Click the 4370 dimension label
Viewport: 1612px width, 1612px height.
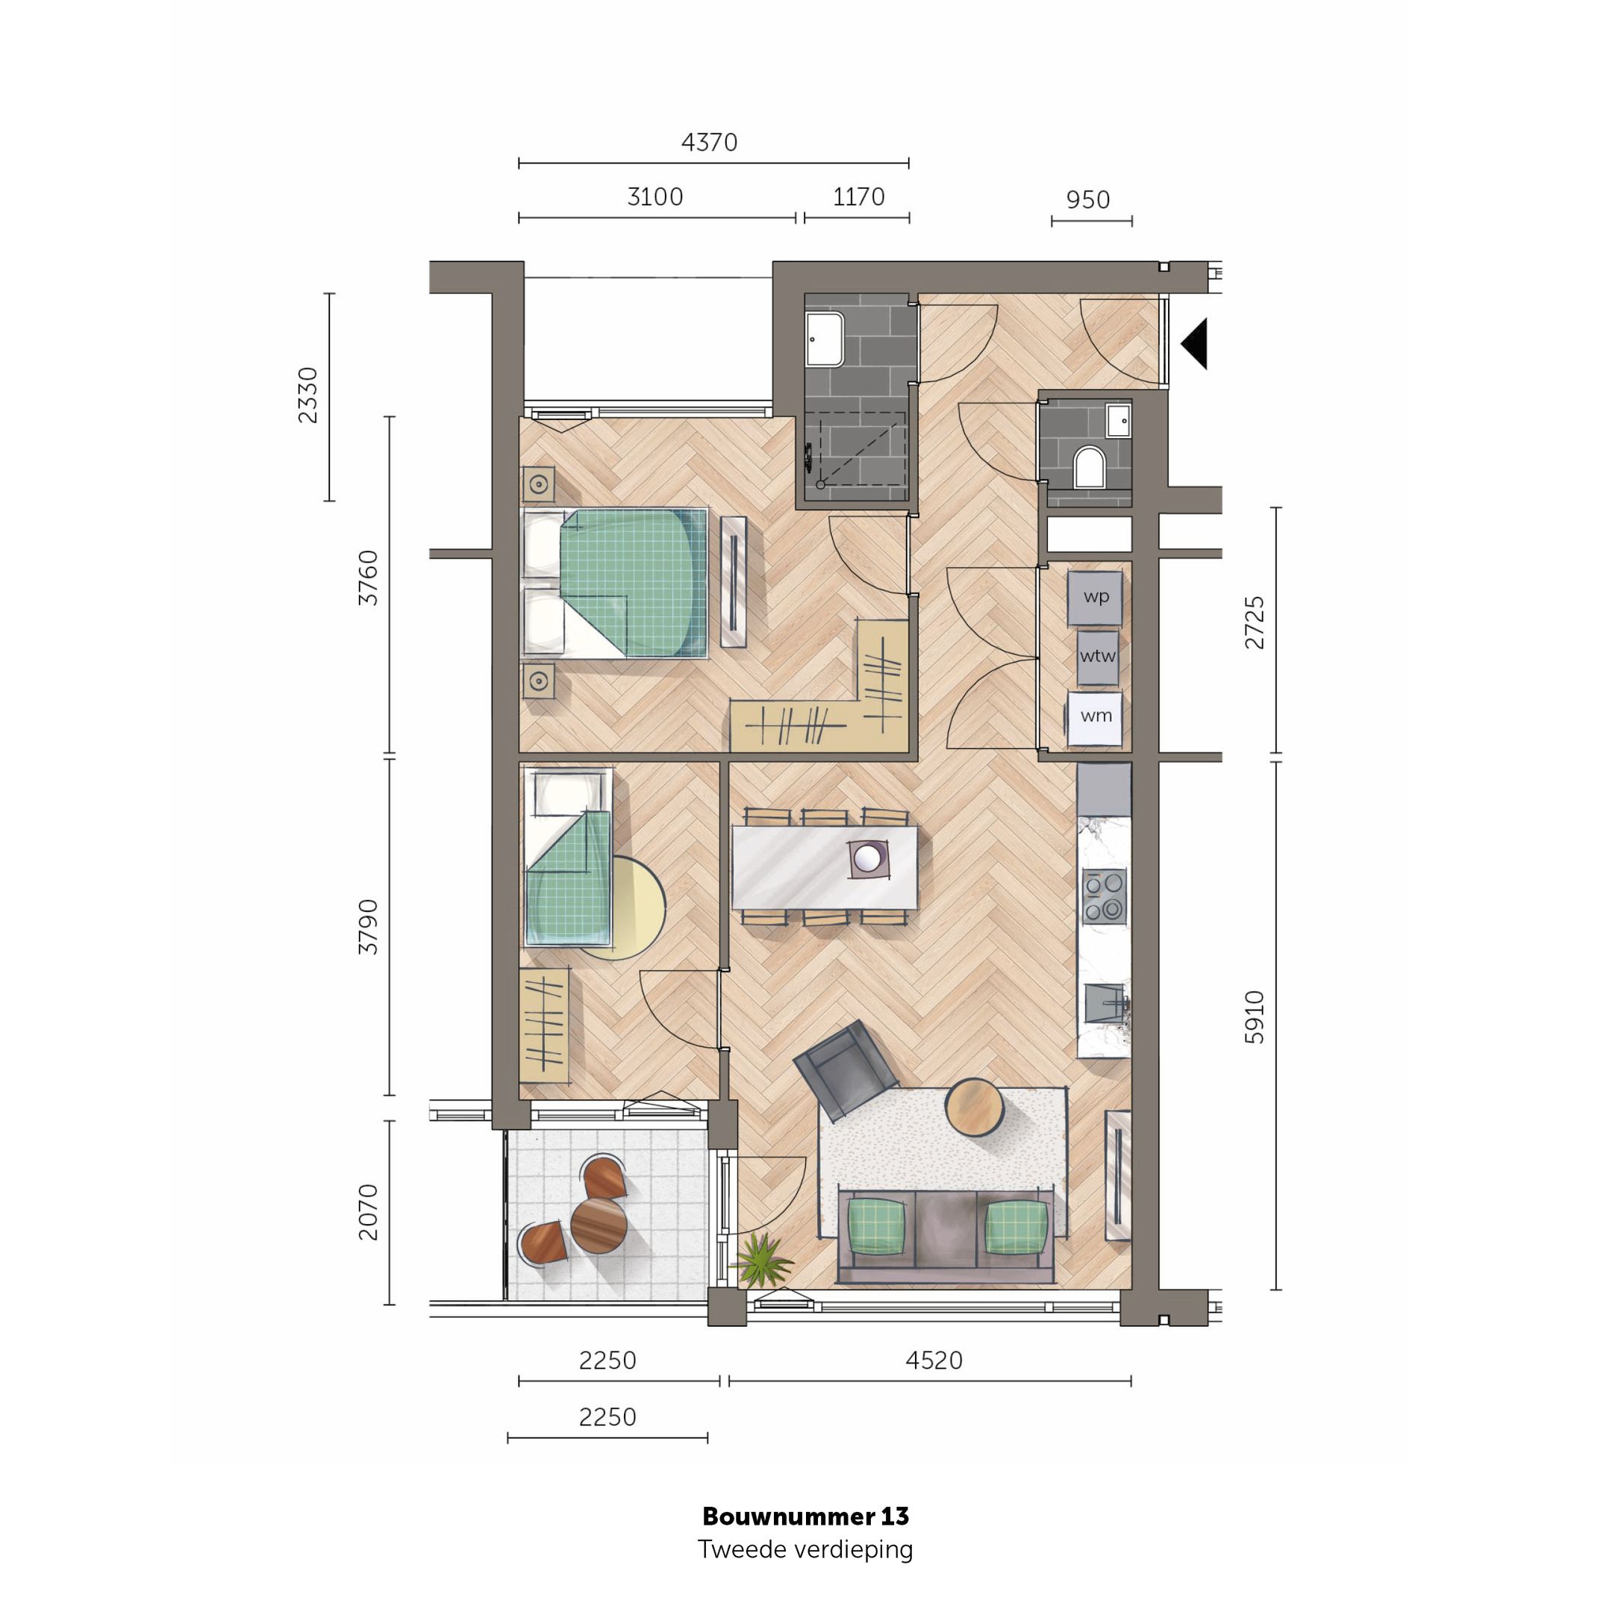[709, 143]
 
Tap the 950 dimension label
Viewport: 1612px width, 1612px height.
[1088, 200]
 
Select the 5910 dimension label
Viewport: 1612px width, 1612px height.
[1254, 1017]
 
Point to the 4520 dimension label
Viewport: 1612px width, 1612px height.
[934, 1360]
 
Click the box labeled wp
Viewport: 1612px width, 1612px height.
[1096, 597]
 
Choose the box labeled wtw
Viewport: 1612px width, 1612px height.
[1097, 657]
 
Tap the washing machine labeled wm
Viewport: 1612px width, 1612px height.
[1096, 716]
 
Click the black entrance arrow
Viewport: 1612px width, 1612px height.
[1196, 343]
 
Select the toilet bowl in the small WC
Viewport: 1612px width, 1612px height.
[1089, 467]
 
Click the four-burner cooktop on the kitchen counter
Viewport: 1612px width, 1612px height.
[1104, 897]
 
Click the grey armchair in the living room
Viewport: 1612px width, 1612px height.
[843, 1069]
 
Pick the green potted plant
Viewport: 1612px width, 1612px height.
[761, 1260]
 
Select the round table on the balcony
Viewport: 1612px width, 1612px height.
[599, 1225]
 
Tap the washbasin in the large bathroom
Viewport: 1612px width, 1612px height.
[825, 339]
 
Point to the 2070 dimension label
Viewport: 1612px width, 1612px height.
[368, 1212]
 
